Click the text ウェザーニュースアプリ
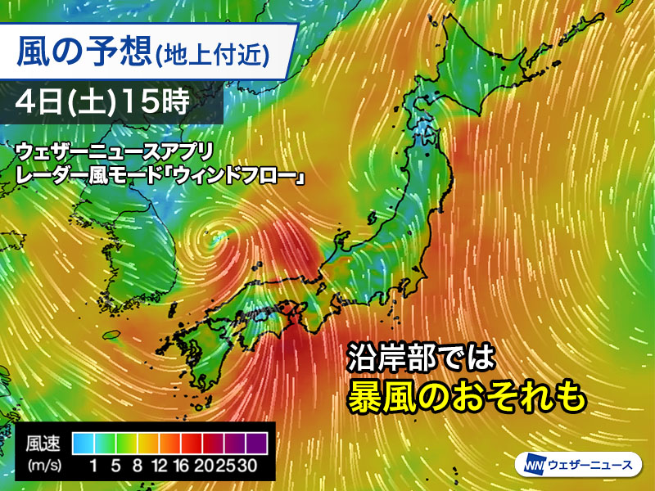[114, 152]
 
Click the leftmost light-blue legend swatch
[83, 442]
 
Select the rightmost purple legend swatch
[257, 442]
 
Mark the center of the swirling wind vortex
[215, 237]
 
